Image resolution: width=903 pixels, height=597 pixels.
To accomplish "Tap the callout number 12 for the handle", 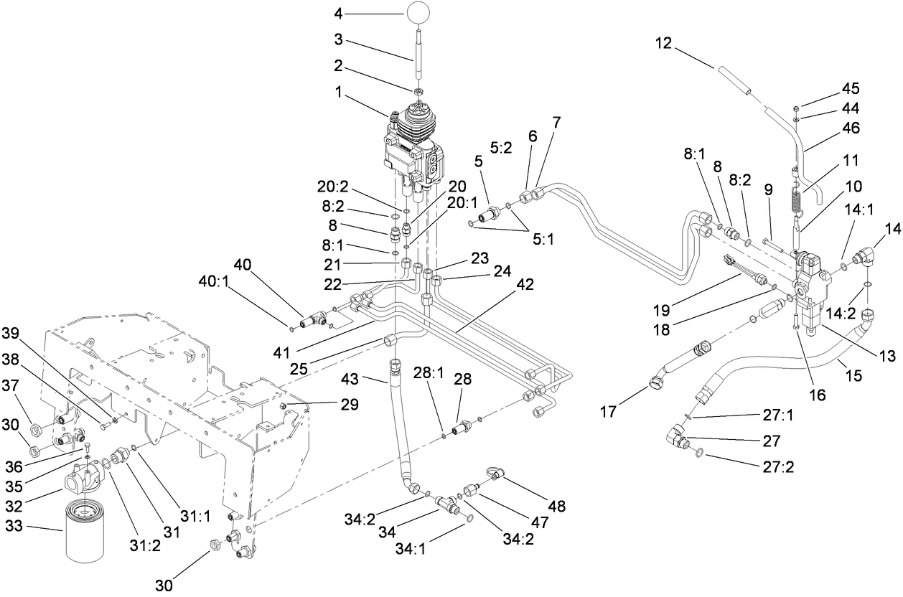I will [663, 43].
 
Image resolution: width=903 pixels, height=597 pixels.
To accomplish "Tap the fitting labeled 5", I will [488, 214].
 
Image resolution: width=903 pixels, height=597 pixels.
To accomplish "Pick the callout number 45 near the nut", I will [850, 89].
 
